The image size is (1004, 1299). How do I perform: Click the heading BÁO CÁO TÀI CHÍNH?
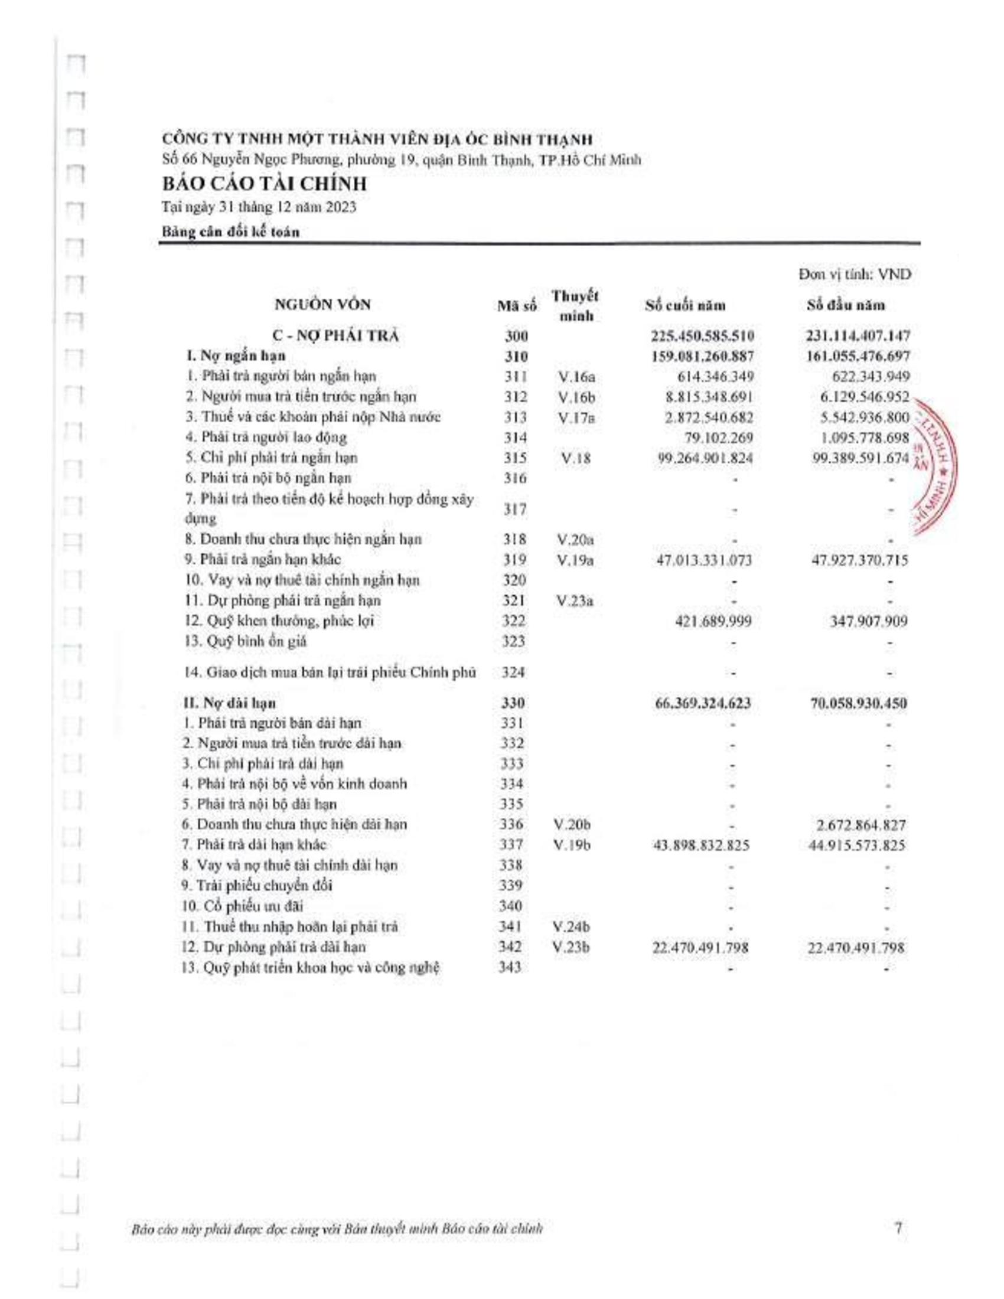264,184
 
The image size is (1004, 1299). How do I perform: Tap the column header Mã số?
516,306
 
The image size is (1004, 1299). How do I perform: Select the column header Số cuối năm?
685,306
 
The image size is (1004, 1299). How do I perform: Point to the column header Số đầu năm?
845,306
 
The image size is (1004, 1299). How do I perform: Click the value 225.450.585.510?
702,336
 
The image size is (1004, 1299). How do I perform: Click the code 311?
515,377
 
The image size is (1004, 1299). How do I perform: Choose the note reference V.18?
574,458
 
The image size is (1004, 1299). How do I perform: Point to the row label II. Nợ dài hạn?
230,703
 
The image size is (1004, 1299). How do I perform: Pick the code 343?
510,967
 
